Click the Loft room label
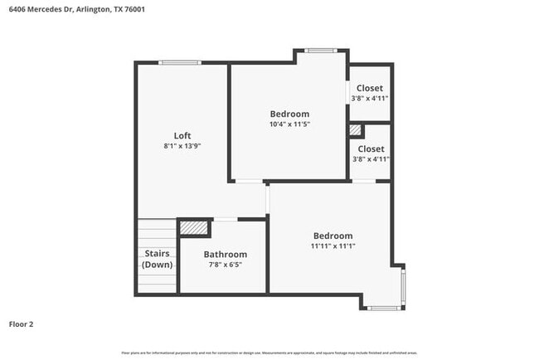182,135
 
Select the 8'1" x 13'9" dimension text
182,146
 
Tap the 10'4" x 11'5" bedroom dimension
289,124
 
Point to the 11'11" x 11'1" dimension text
333,246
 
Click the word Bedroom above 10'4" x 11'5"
289,114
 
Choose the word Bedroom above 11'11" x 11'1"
333,236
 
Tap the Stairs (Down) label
158,259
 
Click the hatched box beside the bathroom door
193,226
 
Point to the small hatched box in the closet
356,130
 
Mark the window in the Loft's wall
180,61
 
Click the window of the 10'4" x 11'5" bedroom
319,51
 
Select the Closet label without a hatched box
370,88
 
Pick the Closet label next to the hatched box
371,148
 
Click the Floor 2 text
21,324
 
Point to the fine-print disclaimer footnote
269,353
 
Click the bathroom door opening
226,219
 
